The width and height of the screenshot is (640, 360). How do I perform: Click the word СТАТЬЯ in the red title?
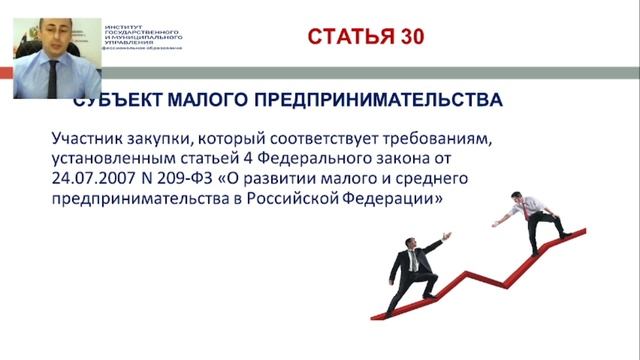coord(350,37)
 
